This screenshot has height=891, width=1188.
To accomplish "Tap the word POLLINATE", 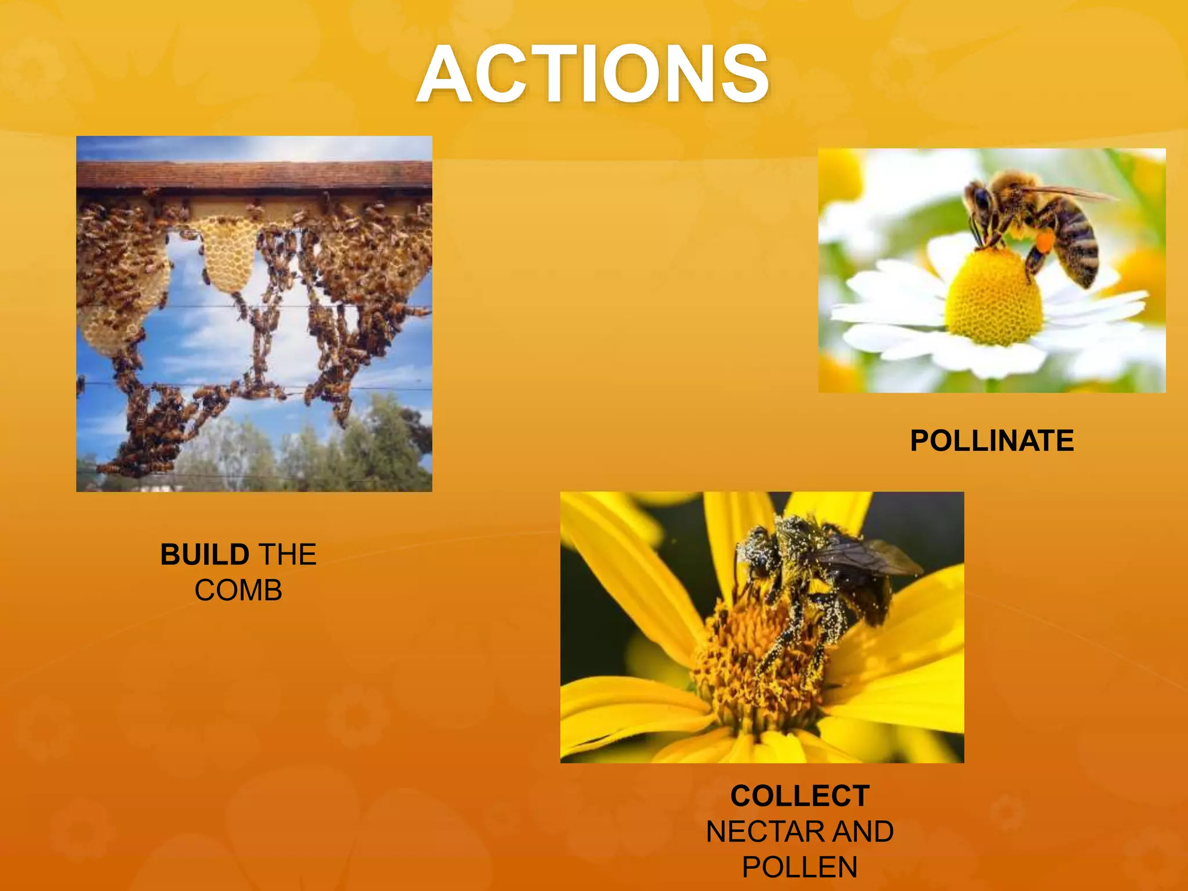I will coord(991,441).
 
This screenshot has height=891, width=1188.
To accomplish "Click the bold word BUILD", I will coord(205,555).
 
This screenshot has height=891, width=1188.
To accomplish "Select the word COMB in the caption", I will coord(238,591).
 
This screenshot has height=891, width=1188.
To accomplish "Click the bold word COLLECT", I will coord(800,796).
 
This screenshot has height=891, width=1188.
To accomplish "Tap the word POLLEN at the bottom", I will coord(800,868).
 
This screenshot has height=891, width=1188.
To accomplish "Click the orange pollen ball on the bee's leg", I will coord(1044,241).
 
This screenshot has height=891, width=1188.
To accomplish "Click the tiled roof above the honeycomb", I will coord(254,174).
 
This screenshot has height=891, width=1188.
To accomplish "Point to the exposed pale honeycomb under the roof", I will coord(229,255).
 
